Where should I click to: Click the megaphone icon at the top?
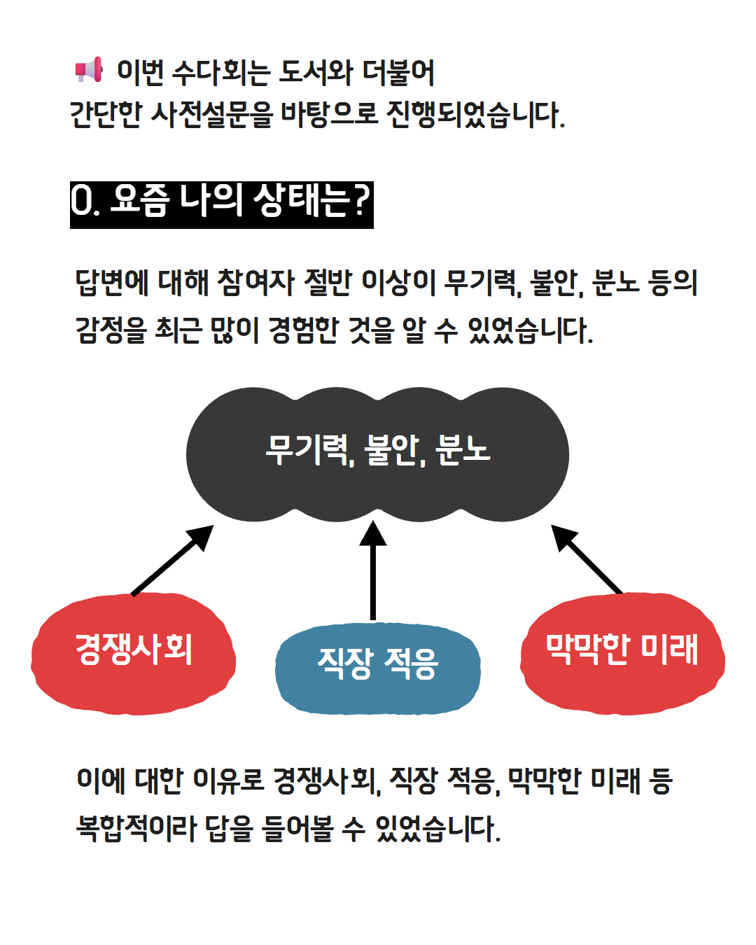89,70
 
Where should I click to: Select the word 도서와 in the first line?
316,72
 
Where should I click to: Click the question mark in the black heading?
361,201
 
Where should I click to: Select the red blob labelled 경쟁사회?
133,654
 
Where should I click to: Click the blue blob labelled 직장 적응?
377,668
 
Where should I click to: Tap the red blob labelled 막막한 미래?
622,654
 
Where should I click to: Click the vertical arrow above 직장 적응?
373,570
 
